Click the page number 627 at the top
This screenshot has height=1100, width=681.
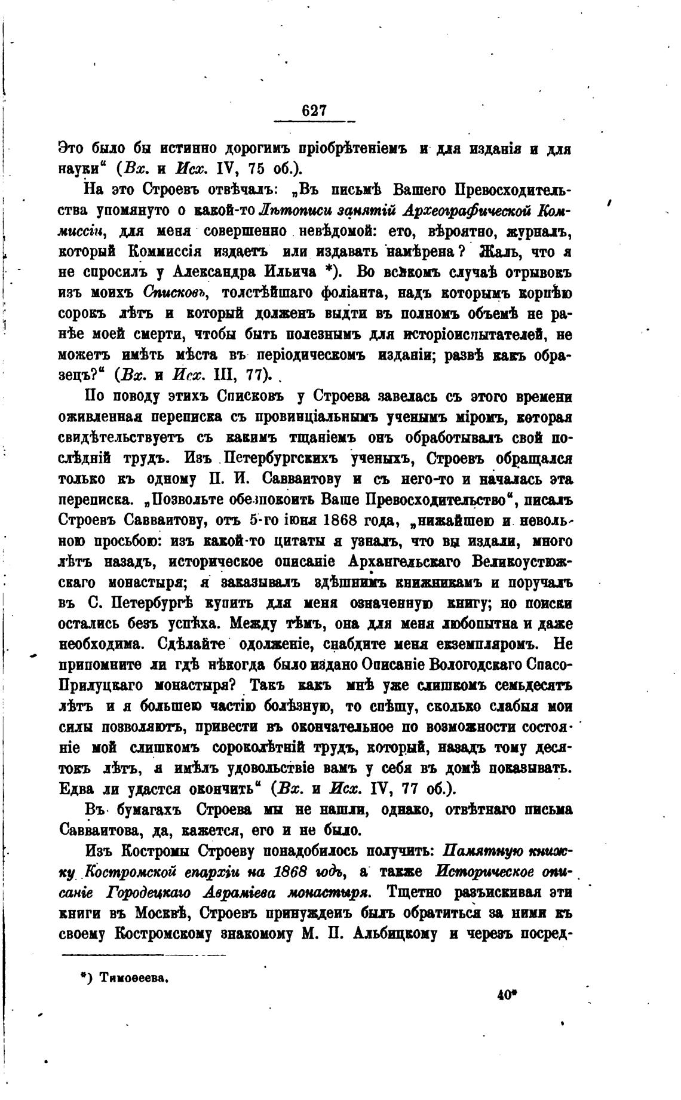pos(314,111)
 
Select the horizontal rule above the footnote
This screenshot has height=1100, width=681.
pos(143,956)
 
